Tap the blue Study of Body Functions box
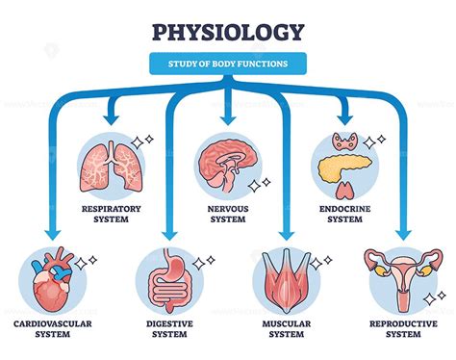point(227,64)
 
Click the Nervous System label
point(227,211)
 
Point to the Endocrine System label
point(341,211)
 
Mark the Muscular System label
point(285,329)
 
